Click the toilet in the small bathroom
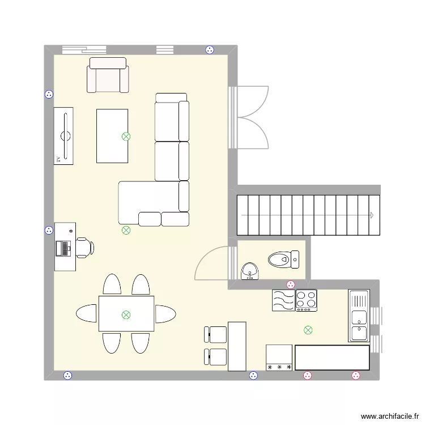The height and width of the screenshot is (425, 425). point(283,260)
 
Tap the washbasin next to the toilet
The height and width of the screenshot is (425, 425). point(250,271)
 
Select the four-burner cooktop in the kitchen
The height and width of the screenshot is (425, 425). point(306,300)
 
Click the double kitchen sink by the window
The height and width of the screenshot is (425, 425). point(359,316)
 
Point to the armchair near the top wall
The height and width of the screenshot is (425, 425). point(108,75)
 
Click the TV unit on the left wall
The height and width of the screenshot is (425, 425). point(63,136)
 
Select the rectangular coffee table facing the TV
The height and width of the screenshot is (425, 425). point(112,136)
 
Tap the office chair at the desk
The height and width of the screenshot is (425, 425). point(85,248)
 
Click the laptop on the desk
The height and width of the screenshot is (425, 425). point(63,248)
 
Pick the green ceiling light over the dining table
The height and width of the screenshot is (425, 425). point(126,315)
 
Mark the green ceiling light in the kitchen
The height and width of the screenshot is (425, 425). point(308,330)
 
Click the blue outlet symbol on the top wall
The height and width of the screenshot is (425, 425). point(210,50)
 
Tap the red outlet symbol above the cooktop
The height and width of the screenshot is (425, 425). point(291,284)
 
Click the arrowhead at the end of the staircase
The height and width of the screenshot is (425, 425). point(372,215)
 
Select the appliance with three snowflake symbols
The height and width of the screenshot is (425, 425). point(279,358)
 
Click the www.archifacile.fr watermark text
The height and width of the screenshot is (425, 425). point(390,416)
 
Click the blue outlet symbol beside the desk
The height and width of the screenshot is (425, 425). point(49,231)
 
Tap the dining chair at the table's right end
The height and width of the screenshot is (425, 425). point(165,314)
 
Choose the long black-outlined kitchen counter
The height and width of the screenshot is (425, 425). point(332,358)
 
